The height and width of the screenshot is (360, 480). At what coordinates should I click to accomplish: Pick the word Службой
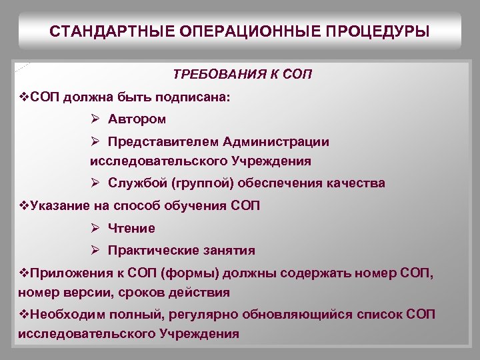[141, 183]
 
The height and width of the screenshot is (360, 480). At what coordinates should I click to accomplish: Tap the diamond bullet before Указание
[24, 205]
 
